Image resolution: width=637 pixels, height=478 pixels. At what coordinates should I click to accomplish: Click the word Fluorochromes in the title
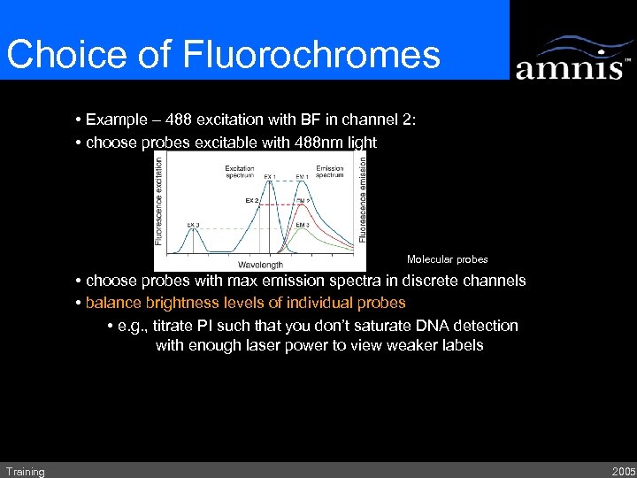pos(311,55)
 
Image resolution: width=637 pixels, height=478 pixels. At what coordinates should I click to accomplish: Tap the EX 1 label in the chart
pos(269,177)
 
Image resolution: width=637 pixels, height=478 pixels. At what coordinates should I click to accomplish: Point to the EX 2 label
pos(251,201)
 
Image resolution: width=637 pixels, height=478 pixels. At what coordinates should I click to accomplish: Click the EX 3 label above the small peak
pos(193,226)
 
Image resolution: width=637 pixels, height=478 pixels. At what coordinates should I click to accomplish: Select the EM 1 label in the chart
pos(303,177)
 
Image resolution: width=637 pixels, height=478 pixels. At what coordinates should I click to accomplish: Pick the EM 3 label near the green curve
pos(302,226)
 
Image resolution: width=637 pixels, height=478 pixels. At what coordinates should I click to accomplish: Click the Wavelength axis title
pos(260,264)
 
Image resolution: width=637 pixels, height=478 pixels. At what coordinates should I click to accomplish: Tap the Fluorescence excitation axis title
pos(159,199)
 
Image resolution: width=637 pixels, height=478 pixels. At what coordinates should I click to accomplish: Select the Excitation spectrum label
pos(240,172)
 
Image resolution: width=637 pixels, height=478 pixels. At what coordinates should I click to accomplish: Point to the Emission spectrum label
pos(330,172)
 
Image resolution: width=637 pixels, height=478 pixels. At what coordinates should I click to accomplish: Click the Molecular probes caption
pos(447,259)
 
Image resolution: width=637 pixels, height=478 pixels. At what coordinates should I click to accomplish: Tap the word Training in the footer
pos(25,472)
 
